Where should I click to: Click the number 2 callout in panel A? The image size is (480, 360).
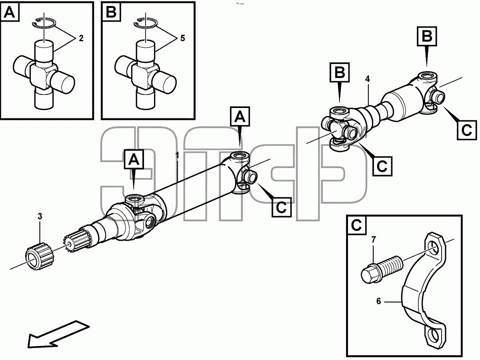(x=81, y=38)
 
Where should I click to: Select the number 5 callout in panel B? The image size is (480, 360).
(x=182, y=38)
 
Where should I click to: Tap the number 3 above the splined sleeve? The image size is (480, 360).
(x=40, y=216)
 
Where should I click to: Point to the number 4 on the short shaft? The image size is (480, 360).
(x=368, y=79)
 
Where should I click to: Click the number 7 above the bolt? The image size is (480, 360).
(x=374, y=240)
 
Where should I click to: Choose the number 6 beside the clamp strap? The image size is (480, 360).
(x=379, y=302)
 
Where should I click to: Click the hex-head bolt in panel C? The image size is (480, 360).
(x=382, y=270)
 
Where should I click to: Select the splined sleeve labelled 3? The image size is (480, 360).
(x=40, y=256)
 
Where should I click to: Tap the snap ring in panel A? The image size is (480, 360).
(x=44, y=23)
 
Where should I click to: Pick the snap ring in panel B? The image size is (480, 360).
(x=146, y=23)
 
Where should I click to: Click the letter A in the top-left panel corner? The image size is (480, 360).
(x=10, y=12)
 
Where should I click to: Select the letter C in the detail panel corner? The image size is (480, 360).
(x=356, y=225)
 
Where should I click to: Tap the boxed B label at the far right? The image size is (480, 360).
(x=427, y=36)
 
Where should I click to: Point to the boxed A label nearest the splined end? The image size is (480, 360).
(x=134, y=159)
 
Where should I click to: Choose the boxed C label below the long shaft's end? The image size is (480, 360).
(x=282, y=207)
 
